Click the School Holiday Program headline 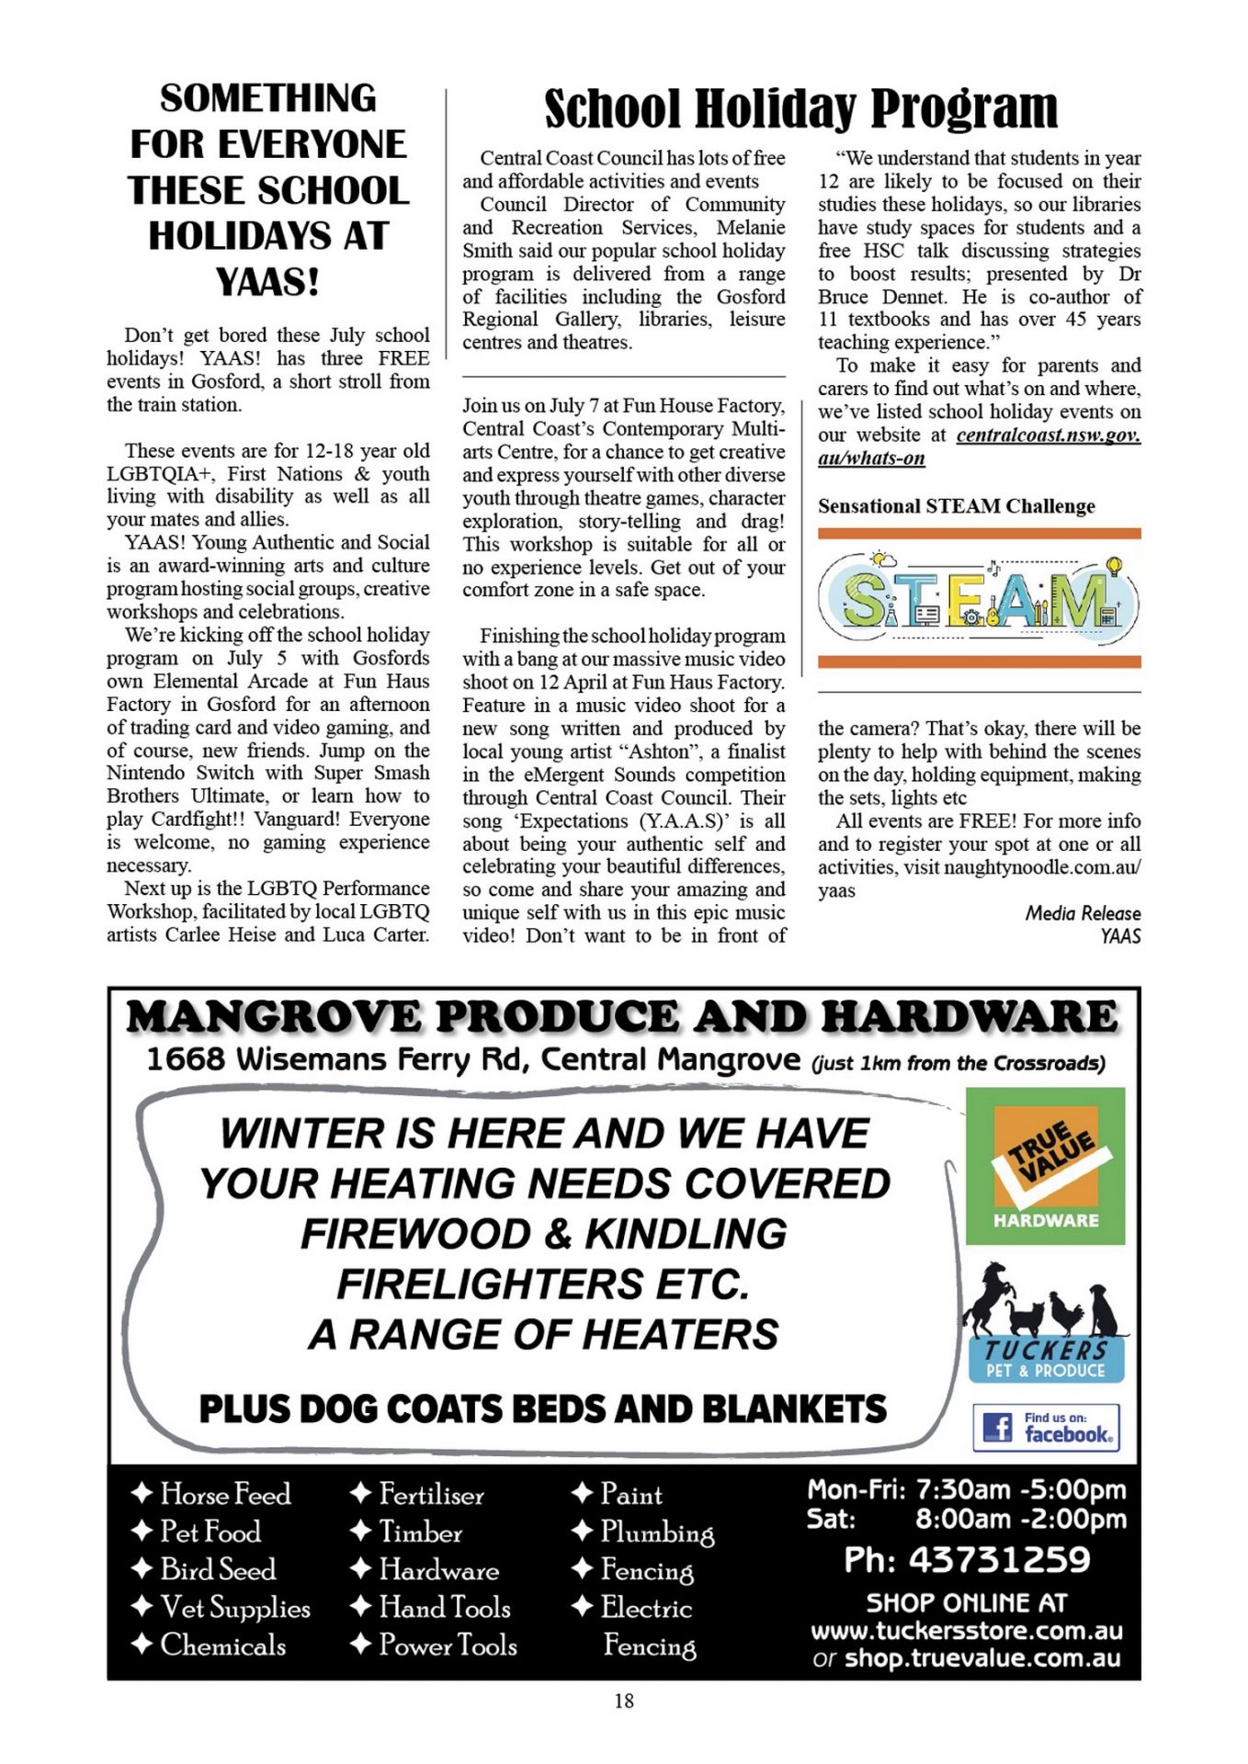(x=800, y=109)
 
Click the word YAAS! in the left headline (x=267, y=282)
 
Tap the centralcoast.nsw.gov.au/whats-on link (x=979, y=447)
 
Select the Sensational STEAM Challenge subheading (x=956, y=506)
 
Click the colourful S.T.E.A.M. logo (x=979, y=598)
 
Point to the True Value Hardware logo (x=1045, y=1166)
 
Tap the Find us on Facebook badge (x=1046, y=1428)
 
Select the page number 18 (x=624, y=1701)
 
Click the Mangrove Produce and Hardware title (x=622, y=1017)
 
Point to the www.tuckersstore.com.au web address (x=966, y=1631)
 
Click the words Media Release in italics (x=1083, y=913)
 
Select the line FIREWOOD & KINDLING (x=543, y=1234)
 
